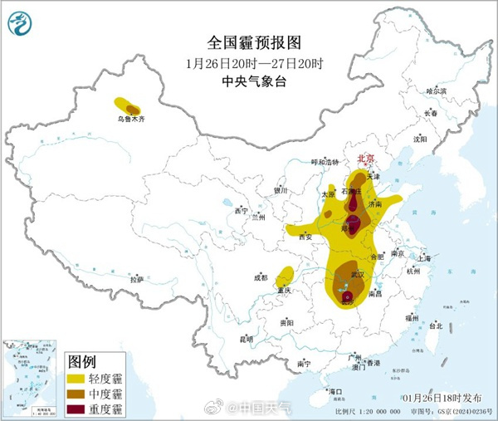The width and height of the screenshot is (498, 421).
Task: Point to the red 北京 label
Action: [366, 158]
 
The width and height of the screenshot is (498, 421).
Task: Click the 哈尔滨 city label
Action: [436, 91]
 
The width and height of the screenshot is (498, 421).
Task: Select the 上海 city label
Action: [424, 258]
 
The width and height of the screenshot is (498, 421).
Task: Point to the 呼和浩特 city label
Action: [325, 162]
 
